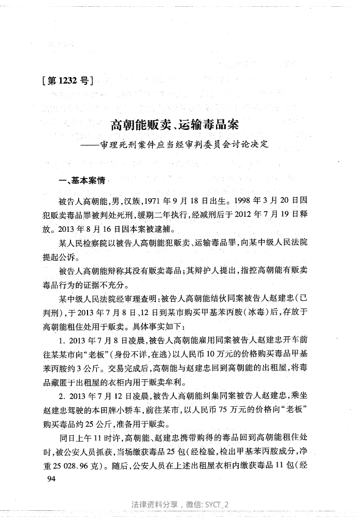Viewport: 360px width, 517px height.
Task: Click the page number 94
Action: pyautogui.click(x=51, y=479)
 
